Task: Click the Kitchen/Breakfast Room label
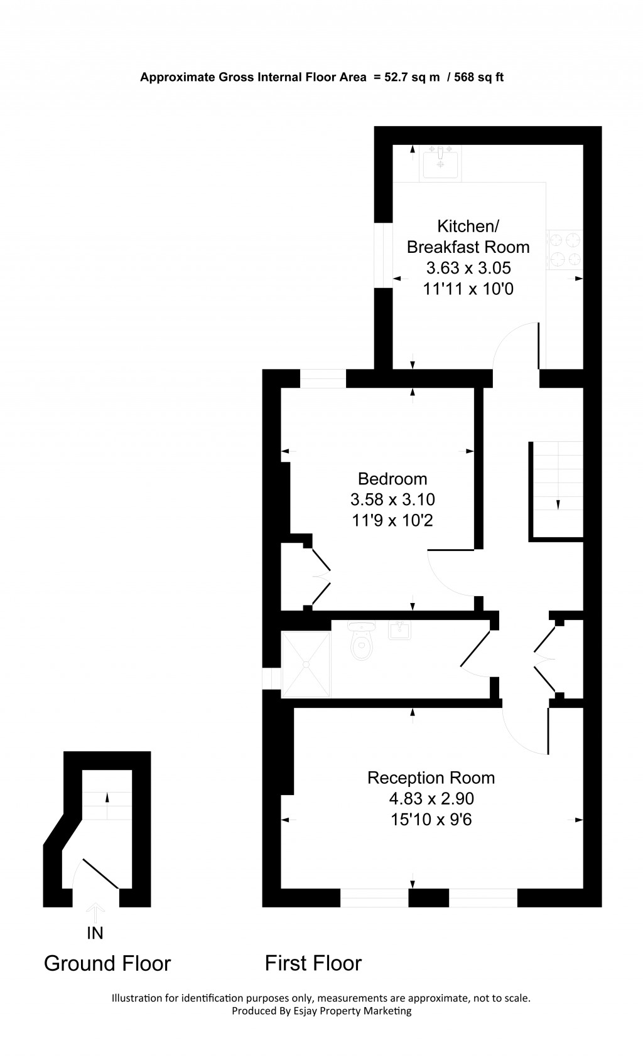[468, 236]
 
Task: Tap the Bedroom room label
[392, 479]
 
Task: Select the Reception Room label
[431, 777]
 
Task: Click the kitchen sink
[440, 163]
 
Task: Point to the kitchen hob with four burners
[565, 250]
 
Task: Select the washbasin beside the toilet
[399, 629]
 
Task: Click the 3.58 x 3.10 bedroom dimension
[392, 500]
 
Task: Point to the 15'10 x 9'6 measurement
[431, 820]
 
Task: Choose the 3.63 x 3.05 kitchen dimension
[468, 268]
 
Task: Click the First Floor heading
[313, 963]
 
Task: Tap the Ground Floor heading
[107, 963]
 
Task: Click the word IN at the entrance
[95, 933]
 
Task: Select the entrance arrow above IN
[95, 911]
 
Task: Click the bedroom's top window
[323, 378]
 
